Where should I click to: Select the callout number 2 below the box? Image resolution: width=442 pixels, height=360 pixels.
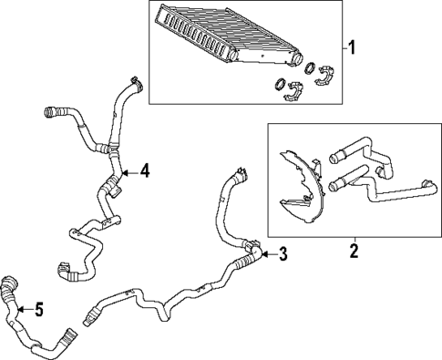click(x=354, y=248)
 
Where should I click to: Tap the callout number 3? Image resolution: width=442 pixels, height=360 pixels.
click(x=283, y=254)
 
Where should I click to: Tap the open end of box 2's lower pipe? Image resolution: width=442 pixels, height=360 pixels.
click(x=334, y=189)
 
